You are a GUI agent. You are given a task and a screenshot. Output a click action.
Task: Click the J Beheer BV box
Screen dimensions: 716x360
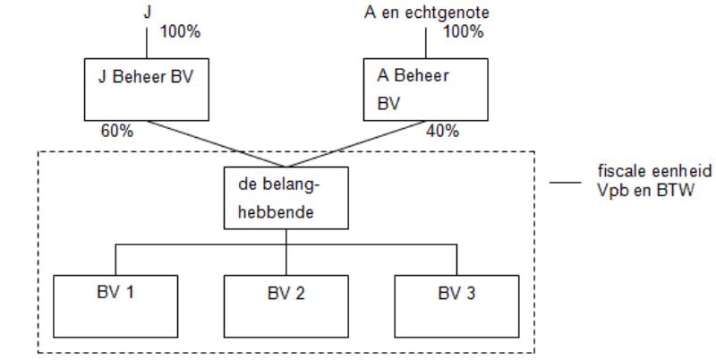pos(147,90)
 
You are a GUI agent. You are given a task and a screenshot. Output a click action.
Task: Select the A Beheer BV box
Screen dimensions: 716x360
pos(426,90)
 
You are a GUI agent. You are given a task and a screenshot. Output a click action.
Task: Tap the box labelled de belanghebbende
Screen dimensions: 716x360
pos(286,198)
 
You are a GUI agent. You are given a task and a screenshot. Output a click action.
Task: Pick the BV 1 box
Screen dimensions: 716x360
pos(115,306)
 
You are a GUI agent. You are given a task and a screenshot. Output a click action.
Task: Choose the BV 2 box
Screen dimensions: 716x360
pos(286,306)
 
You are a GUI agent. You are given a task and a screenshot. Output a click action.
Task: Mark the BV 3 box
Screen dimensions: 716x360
pos(456,306)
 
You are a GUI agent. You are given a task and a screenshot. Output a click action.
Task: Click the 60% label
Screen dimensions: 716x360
pos(117,131)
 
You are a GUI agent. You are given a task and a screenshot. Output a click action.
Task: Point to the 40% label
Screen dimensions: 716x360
pos(442,131)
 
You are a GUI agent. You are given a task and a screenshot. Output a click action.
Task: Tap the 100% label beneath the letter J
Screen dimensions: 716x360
pos(180,32)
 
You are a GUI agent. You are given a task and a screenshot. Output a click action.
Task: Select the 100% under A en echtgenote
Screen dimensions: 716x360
pos(463,31)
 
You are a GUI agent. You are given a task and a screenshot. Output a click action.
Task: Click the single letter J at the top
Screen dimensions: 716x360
pos(147,12)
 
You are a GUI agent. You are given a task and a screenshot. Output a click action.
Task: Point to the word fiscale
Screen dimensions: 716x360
pos(622,170)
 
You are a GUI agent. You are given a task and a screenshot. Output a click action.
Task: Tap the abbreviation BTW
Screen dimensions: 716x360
pos(676,190)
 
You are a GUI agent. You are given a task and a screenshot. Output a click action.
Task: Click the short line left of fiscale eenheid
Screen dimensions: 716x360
pos(566,183)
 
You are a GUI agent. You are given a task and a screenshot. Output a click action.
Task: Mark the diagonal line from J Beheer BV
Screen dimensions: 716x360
pos(216,144)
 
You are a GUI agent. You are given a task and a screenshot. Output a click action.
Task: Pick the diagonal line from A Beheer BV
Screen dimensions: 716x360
pos(355,144)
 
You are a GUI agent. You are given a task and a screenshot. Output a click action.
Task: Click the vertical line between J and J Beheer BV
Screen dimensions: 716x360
pos(147,43)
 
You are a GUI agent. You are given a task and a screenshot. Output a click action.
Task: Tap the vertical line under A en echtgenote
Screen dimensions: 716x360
pos(426,43)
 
